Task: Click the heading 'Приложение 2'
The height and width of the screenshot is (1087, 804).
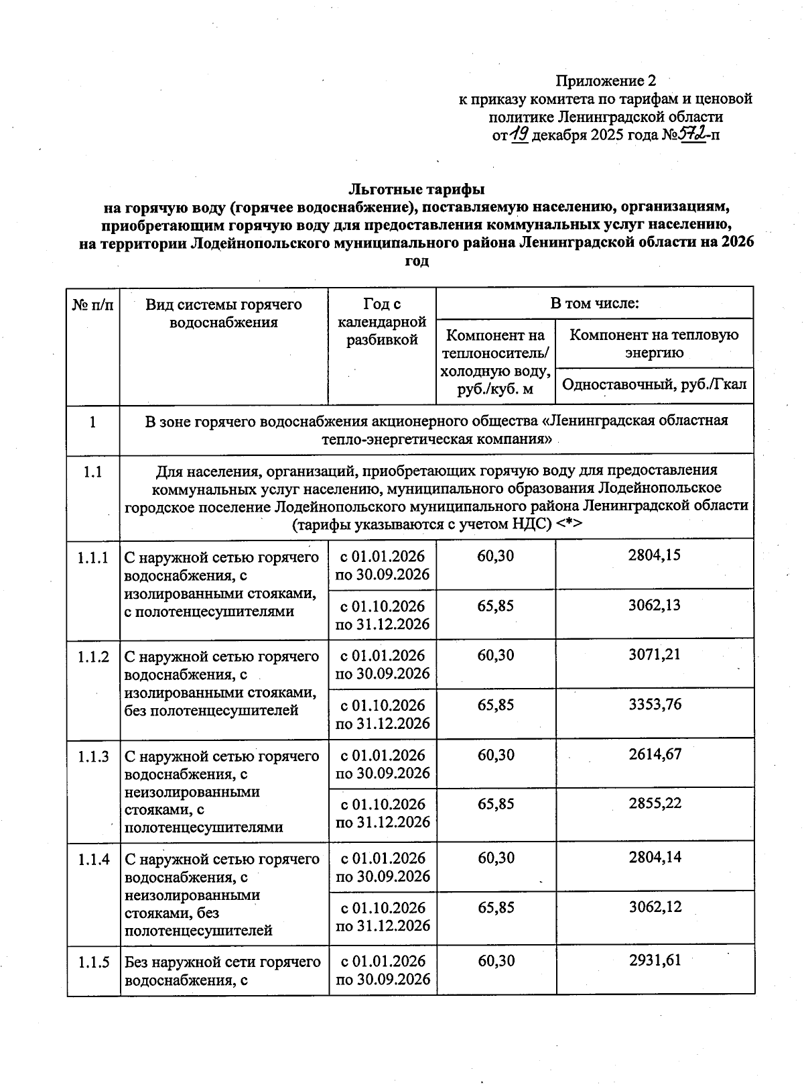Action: click(x=605, y=81)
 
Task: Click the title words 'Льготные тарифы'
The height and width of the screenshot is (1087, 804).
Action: click(x=416, y=189)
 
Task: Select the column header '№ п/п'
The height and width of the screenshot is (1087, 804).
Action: click(x=92, y=305)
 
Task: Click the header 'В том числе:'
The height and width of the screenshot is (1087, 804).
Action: click(x=594, y=303)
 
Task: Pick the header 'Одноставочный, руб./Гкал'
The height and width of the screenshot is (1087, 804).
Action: click(x=654, y=385)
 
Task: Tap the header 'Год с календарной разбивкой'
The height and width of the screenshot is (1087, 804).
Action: click(x=382, y=322)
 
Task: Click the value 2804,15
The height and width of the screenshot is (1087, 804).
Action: click(x=654, y=555)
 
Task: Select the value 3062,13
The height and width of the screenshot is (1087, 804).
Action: click(x=654, y=605)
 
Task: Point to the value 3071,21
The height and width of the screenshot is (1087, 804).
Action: click(x=654, y=654)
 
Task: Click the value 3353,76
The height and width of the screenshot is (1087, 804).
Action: click(x=654, y=704)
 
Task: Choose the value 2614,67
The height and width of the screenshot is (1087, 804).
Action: click(x=654, y=754)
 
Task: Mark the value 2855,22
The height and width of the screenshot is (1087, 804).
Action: click(x=654, y=803)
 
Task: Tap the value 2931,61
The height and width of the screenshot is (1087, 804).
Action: click(x=654, y=960)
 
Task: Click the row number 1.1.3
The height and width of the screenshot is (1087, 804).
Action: click(x=93, y=757)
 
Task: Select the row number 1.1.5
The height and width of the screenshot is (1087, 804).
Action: click(x=93, y=963)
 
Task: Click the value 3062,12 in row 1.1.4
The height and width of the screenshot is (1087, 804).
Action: click(x=654, y=907)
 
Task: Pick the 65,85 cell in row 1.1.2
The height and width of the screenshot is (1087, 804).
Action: click(x=496, y=705)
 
